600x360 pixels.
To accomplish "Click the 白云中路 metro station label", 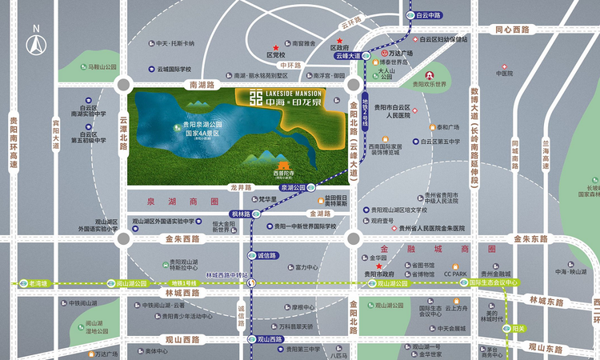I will pyautogui.click(x=430, y=14).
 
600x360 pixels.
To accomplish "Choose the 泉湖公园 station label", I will pyautogui.click(x=294, y=186).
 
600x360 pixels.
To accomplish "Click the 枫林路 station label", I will pyautogui.click(x=241, y=214).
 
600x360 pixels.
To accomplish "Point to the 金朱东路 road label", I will pyautogui.click(x=529, y=238).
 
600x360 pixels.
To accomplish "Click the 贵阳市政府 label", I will pyautogui.click(x=379, y=274).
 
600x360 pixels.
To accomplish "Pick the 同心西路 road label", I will pyautogui.click(x=513, y=30).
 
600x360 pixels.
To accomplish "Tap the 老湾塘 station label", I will pyautogui.click(x=38, y=283).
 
